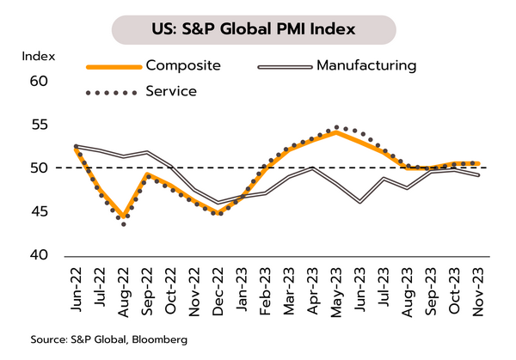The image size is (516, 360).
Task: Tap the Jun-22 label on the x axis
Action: pyautogui.click(x=77, y=288)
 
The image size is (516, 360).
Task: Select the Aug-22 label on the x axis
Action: pyautogui.click(x=125, y=288)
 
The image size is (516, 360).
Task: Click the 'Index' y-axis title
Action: pyautogui.click(x=38, y=57)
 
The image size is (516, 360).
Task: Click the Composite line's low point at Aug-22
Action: pyautogui.click(x=125, y=217)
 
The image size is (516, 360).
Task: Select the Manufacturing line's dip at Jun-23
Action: pyautogui.click(x=359, y=202)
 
